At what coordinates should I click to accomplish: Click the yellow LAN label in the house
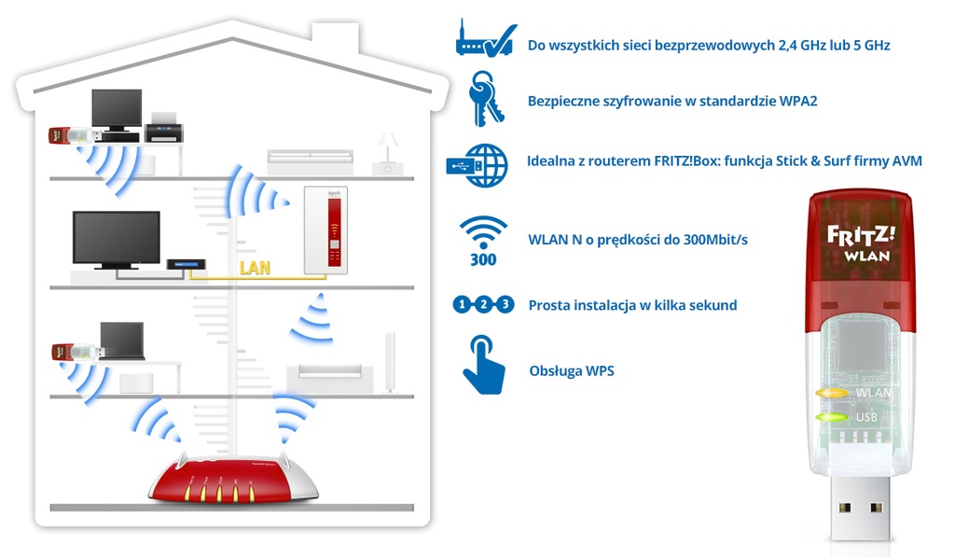(x=255, y=269)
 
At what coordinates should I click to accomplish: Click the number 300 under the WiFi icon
(x=483, y=259)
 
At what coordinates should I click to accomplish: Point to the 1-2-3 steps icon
(x=483, y=304)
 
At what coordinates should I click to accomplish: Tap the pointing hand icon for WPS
(x=483, y=367)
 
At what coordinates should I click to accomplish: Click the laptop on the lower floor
(x=122, y=342)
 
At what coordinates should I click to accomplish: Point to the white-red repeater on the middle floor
(x=325, y=230)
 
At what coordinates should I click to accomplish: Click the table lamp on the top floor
(x=385, y=149)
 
